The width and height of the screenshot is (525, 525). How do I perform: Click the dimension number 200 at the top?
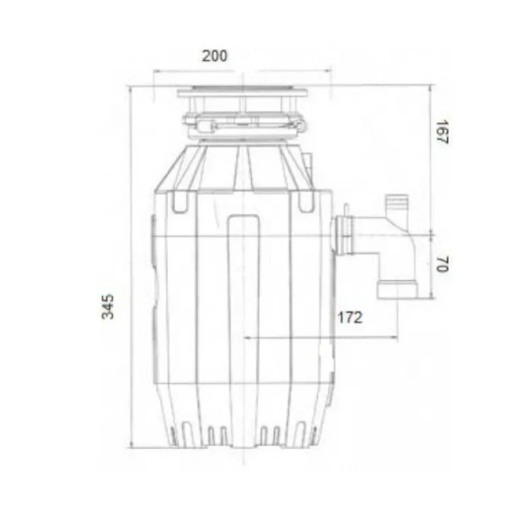click(x=215, y=56)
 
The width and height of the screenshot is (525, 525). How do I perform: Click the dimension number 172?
click(x=350, y=318)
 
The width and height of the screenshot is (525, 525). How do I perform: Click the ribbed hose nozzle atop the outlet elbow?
click(x=396, y=205)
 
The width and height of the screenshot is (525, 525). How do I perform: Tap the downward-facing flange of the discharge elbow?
click(x=399, y=289)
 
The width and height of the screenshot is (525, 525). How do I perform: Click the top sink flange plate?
click(x=243, y=93)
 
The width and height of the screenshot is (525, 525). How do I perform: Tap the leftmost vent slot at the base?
click(x=173, y=435)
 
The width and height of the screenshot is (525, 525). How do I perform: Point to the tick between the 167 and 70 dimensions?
click(x=432, y=232)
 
